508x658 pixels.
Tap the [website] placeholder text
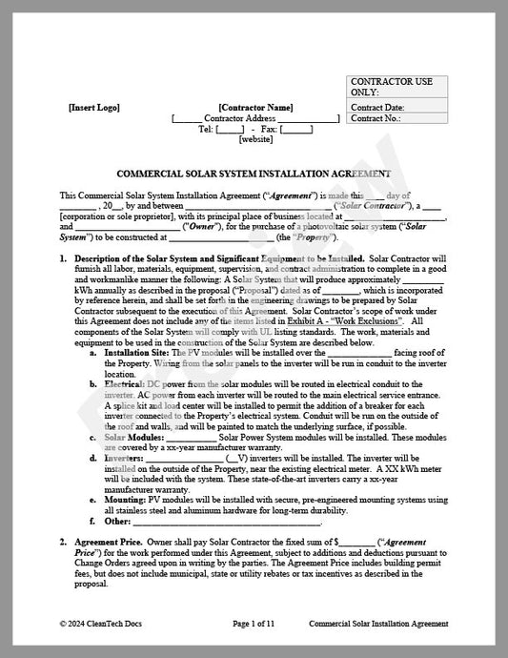[x=255, y=139]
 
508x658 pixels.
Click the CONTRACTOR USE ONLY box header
[x=391, y=87]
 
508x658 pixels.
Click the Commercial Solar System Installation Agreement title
[x=254, y=175]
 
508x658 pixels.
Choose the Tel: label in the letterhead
[x=206, y=129]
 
